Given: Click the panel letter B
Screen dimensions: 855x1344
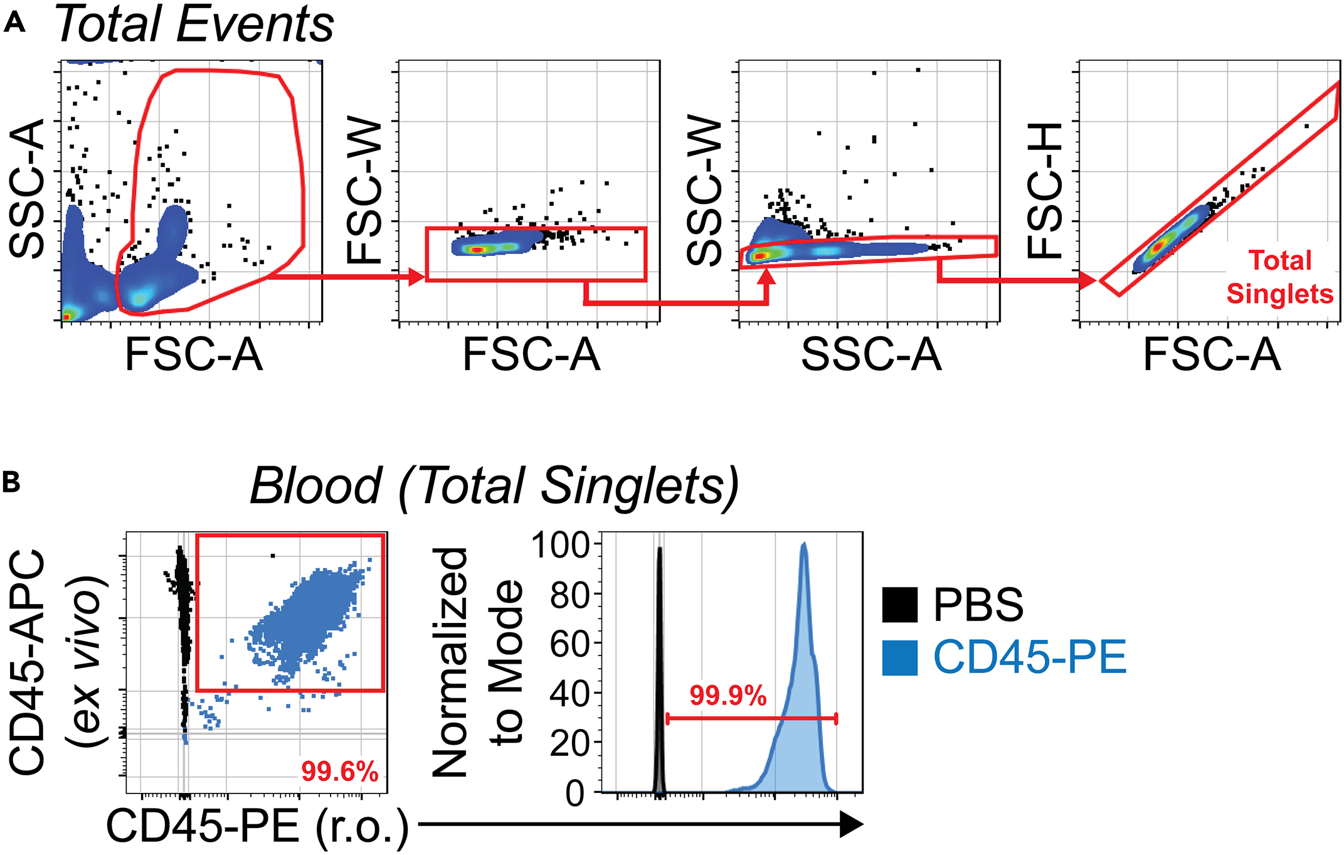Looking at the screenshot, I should [11, 482].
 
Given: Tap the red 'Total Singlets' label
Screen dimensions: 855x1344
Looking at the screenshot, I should [1279, 277].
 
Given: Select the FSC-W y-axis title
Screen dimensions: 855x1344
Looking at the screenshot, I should [364, 191].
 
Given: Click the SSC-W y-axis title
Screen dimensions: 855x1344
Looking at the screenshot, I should [704, 191].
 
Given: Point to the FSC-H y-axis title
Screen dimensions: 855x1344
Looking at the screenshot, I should [1045, 191].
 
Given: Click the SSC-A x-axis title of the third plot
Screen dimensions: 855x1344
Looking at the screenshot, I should [871, 355].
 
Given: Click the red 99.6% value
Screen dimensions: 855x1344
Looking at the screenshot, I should [339, 772].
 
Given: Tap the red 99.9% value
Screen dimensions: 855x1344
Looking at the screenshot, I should [728, 696].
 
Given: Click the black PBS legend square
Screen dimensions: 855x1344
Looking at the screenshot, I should [899, 605].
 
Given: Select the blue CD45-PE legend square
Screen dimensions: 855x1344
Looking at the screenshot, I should [899, 657].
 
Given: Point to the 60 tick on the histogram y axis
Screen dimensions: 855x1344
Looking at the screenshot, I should [569, 644].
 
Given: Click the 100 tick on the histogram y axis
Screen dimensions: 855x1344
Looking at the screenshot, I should [560, 544].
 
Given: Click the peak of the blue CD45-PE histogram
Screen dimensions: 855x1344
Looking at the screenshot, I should [804, 544].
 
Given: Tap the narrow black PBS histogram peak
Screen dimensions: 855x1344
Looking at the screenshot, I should [659, 549].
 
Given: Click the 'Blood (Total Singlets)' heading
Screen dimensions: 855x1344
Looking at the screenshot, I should [494, 486].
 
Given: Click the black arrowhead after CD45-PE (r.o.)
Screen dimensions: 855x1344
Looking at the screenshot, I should [850, 824].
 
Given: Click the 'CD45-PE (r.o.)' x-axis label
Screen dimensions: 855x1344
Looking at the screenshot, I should [257, 827].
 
